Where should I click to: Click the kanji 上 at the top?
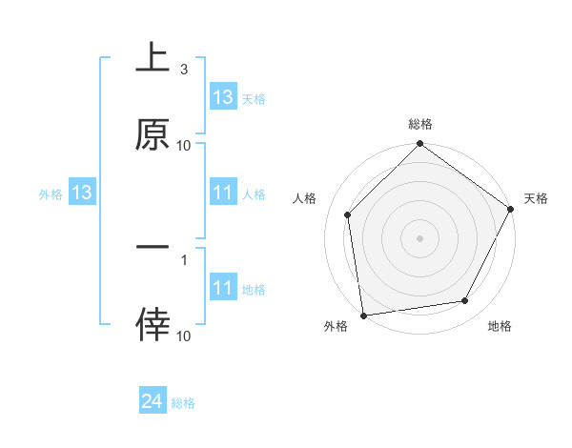153,59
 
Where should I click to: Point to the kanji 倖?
153,325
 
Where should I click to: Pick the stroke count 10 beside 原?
184,145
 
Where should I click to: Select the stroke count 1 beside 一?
184,258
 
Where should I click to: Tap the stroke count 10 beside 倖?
184,336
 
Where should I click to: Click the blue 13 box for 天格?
223,97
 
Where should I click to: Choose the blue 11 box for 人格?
223,193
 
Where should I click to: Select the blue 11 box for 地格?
223,288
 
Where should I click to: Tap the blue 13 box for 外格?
82,193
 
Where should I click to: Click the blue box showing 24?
153,402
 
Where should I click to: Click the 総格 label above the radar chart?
420,125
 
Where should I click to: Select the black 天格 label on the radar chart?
537,198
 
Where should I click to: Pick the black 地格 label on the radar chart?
500,327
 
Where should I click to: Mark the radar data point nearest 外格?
362,315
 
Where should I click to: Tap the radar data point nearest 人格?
348,214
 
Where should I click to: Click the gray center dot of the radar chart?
420,237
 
